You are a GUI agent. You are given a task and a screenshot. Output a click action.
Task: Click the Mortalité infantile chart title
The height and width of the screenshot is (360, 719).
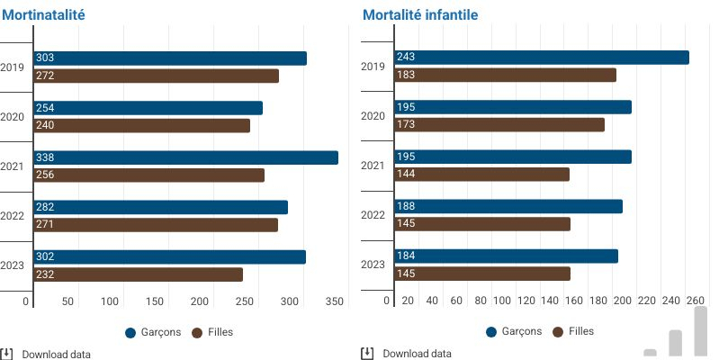(x=420, y=14)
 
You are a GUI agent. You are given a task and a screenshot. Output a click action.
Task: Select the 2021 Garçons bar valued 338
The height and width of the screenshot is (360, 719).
(x=185, y=157)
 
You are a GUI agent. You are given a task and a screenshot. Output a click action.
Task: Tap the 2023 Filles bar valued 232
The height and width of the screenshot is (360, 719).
(x=138, y=274)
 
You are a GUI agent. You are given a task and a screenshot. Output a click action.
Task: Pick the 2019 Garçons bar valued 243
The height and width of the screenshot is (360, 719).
(x=542, y=58)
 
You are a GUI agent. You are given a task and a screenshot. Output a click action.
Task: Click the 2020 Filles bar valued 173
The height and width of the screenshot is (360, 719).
(x=499, y=125)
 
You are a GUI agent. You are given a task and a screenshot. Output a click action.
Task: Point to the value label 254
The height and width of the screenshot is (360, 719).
(x=45, y=108)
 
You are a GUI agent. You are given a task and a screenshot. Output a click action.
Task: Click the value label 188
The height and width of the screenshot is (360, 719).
(x=405, y=207)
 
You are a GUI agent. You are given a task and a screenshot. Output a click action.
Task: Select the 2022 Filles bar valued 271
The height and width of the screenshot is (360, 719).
(x=156, y=225)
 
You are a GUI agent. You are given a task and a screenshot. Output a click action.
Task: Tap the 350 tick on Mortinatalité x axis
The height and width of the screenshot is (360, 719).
(x=335, y=301)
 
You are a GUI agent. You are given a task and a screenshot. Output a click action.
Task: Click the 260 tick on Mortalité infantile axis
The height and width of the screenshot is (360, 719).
(x=696, y=301)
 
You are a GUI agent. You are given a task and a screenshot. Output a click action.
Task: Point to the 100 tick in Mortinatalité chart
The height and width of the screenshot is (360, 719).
(x=111, y=301)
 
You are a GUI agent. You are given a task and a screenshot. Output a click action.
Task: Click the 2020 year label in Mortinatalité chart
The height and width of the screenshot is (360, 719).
(x=13, y=117)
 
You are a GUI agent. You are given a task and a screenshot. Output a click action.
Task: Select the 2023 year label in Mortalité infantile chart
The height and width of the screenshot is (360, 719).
(x=373, y=265)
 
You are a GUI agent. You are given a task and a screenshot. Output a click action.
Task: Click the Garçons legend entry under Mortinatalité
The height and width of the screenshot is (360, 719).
(x=156, y=332)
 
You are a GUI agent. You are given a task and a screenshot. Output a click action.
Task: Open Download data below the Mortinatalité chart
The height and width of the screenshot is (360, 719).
(x=56, y=354)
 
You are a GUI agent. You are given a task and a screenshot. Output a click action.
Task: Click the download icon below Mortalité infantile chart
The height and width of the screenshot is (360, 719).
(x=367, y=354)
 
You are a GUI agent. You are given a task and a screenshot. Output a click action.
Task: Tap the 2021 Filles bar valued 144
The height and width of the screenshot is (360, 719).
(x=481, y=175)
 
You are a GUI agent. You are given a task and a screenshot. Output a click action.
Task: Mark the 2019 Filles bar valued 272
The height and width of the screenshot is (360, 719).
(x=156, y=76)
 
